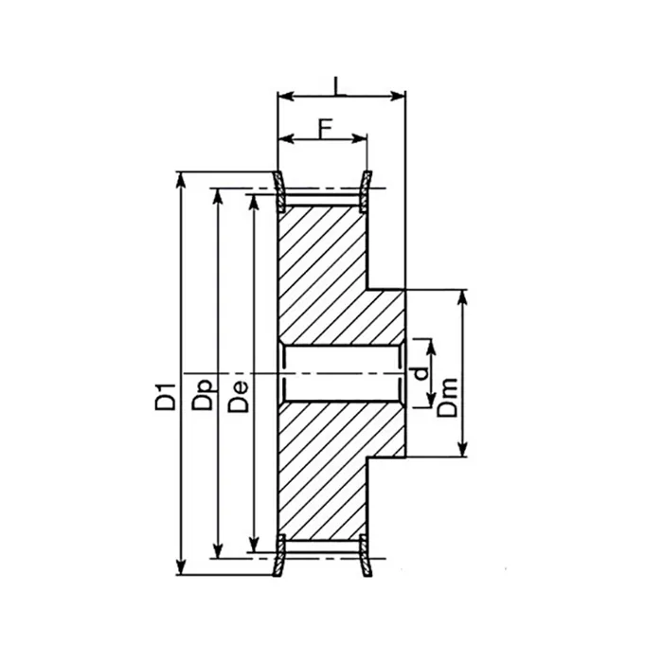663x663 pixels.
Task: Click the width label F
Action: point(324,126)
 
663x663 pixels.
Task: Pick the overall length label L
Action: point(338,85)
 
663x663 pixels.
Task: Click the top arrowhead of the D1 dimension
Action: point(180,179)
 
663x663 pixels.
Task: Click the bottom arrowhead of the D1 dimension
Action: point(180,568)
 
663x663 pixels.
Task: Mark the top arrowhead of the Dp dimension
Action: point(218,195)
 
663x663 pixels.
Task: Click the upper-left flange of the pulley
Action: point(280,188)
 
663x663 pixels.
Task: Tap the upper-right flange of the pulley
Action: point(367,188)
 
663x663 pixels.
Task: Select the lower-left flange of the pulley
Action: point(280,556)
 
